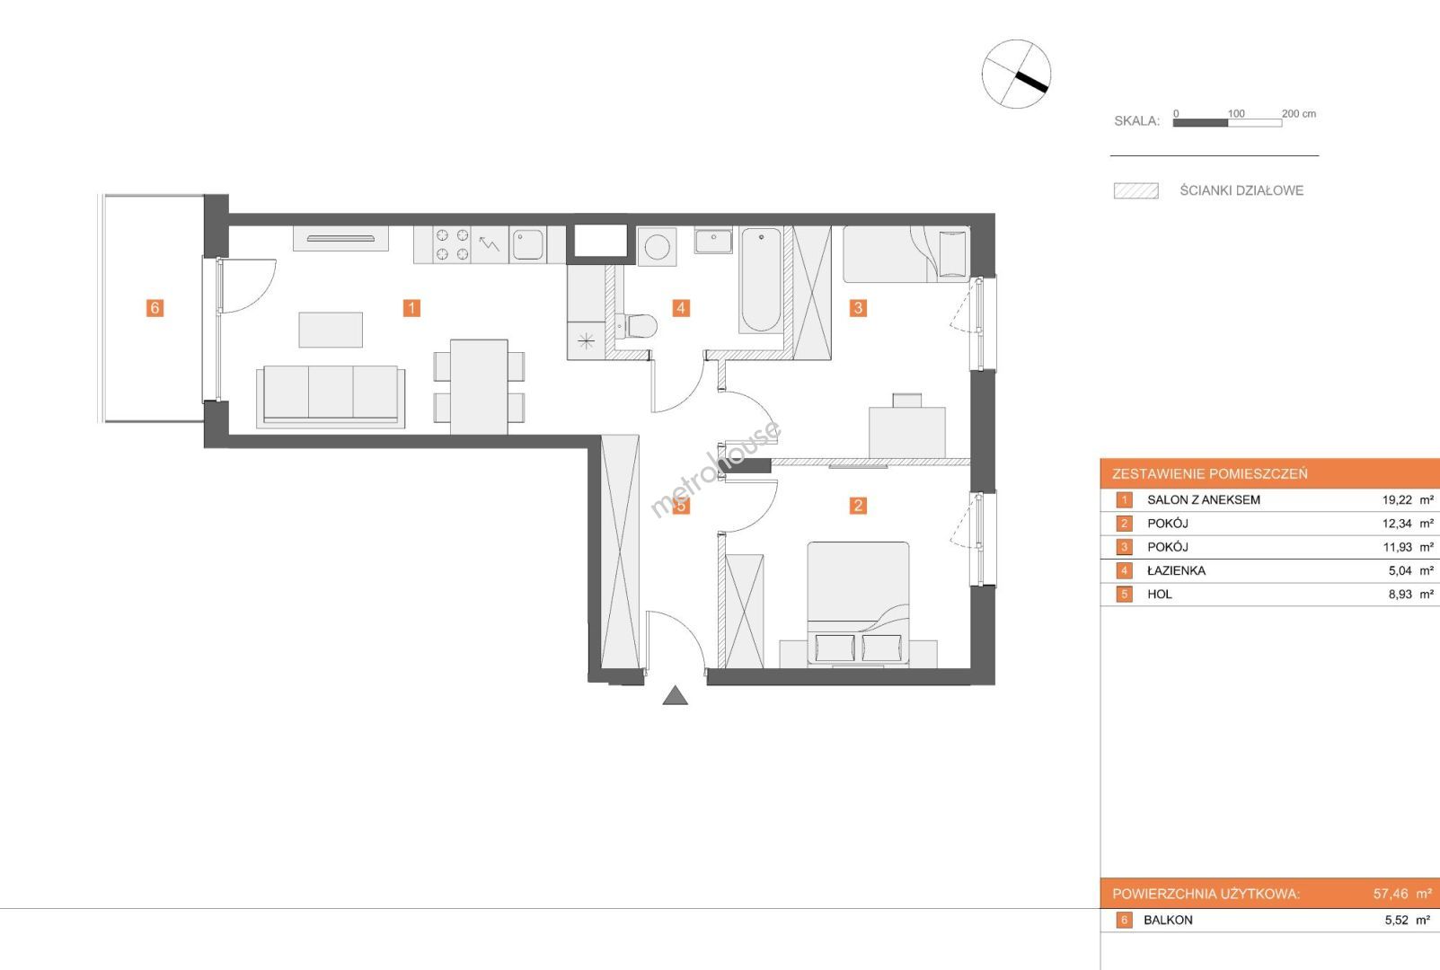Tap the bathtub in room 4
761,279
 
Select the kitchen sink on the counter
528,244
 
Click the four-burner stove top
452,245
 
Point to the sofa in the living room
331,397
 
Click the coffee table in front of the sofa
331,330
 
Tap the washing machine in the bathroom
657,247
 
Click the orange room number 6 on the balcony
155,308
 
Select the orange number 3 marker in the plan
858,308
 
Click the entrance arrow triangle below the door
675,695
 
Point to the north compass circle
1016,74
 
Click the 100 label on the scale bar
1235,113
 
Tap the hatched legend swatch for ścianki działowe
1136,191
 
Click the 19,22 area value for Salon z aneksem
1397,500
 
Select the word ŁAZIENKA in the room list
1177,571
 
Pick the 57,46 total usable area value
1391,894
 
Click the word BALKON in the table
1168,920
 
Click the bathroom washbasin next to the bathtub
713,241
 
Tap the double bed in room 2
858,603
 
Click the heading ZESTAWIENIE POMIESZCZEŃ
1210,473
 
